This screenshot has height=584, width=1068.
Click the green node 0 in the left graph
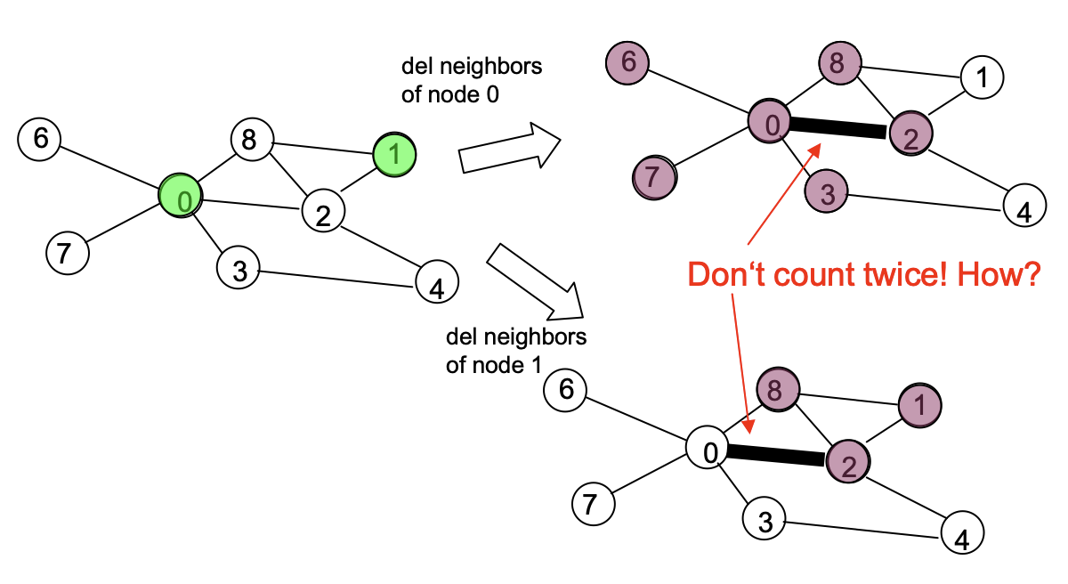182,200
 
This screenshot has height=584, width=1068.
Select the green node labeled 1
395,154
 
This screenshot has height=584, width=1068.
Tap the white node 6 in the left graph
40,139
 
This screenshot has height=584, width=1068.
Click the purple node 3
827,193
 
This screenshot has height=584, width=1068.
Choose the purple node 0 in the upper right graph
771,124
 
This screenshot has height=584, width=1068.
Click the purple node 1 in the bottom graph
920,405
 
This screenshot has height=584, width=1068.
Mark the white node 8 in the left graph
251,140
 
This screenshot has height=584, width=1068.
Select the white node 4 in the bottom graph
963,533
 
